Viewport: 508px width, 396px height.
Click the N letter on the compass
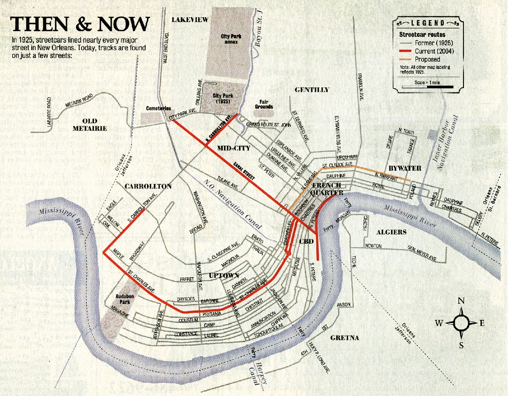coord(461,301)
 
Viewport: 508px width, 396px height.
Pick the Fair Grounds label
coord(263,104)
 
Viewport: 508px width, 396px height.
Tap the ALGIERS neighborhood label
coord(391,232)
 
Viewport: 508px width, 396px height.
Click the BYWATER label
coord(405,168)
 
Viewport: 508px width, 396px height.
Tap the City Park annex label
coord(231,39)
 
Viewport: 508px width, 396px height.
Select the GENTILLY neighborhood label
coord(312,90)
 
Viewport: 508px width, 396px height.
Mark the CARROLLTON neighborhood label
coord(148,186)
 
